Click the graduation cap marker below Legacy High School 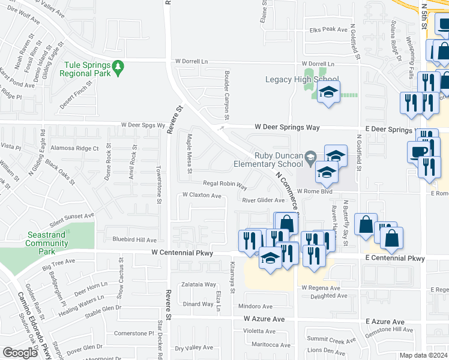328,92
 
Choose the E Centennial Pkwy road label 396,258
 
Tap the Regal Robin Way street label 225,185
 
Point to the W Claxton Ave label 202,196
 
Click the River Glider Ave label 263,200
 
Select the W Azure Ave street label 264,319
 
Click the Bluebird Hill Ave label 130,239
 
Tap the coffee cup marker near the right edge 418,151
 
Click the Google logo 20,353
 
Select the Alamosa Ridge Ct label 74,148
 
